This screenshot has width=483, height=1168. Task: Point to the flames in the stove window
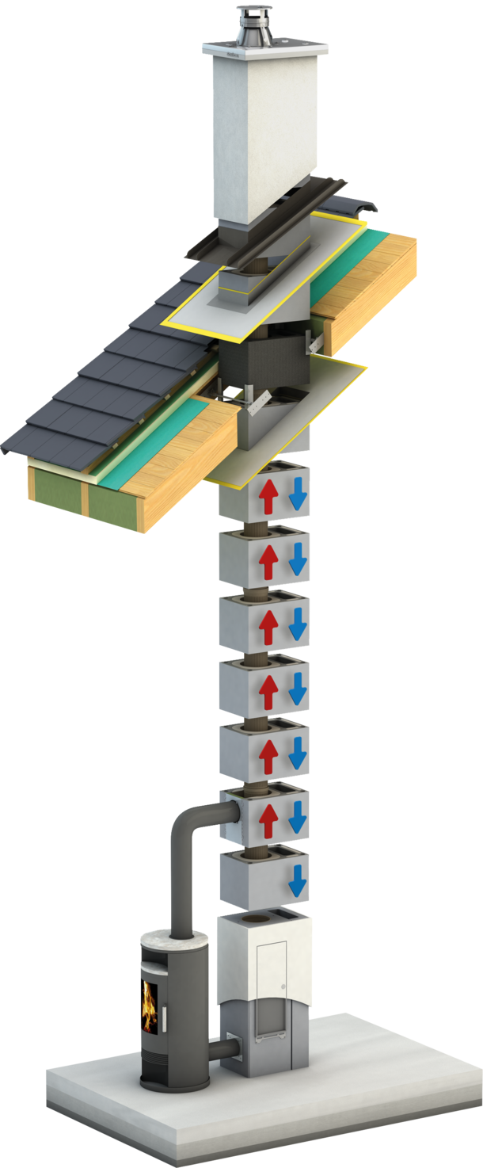pyautogui.click(x=149, y=1005)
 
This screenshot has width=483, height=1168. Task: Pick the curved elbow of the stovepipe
pyautogui.click(x=190, y=820)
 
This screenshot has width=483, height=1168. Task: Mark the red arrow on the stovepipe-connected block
pyautogui.click(x=267, y=820)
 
